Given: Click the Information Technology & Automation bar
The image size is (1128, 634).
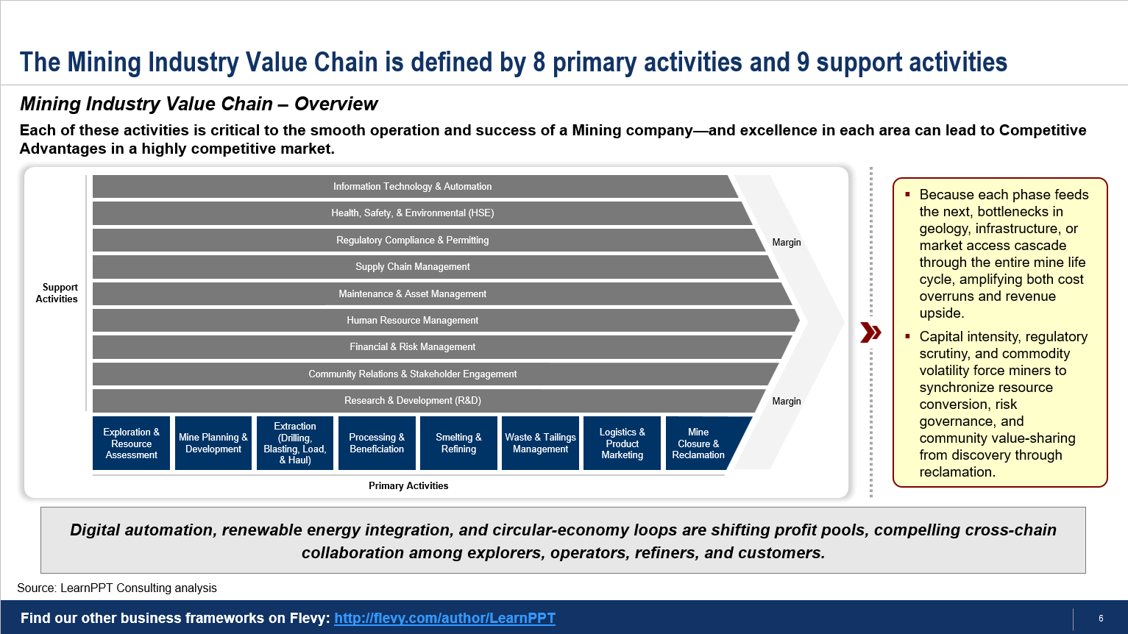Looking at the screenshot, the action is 413,186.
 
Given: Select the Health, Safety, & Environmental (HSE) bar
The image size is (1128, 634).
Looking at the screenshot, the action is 413,213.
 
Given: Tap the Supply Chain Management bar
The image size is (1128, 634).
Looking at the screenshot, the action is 413,267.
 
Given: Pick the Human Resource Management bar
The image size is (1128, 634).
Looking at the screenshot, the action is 413,320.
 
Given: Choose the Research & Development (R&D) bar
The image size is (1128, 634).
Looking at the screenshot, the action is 413,401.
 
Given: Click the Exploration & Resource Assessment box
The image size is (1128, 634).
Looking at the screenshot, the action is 131,444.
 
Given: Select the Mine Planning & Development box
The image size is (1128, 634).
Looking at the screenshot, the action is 213,444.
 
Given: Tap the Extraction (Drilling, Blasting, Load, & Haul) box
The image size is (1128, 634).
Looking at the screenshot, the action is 295,444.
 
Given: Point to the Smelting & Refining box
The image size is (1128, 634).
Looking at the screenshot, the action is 458,444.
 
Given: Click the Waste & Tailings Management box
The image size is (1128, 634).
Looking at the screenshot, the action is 540,444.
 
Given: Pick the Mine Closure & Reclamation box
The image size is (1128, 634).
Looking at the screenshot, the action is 700,444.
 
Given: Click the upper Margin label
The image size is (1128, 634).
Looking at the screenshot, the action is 787,243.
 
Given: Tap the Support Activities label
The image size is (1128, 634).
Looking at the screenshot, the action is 57,293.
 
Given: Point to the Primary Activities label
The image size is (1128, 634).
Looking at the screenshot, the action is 408,485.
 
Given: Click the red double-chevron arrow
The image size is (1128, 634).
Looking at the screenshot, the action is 870,332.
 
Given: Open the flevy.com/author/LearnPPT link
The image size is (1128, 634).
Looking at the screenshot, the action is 444,618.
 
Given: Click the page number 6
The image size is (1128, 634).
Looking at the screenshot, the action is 1102,619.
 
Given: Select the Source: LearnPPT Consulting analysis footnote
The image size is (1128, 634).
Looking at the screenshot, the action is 117,588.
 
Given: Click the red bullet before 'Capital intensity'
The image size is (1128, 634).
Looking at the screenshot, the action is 907,336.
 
